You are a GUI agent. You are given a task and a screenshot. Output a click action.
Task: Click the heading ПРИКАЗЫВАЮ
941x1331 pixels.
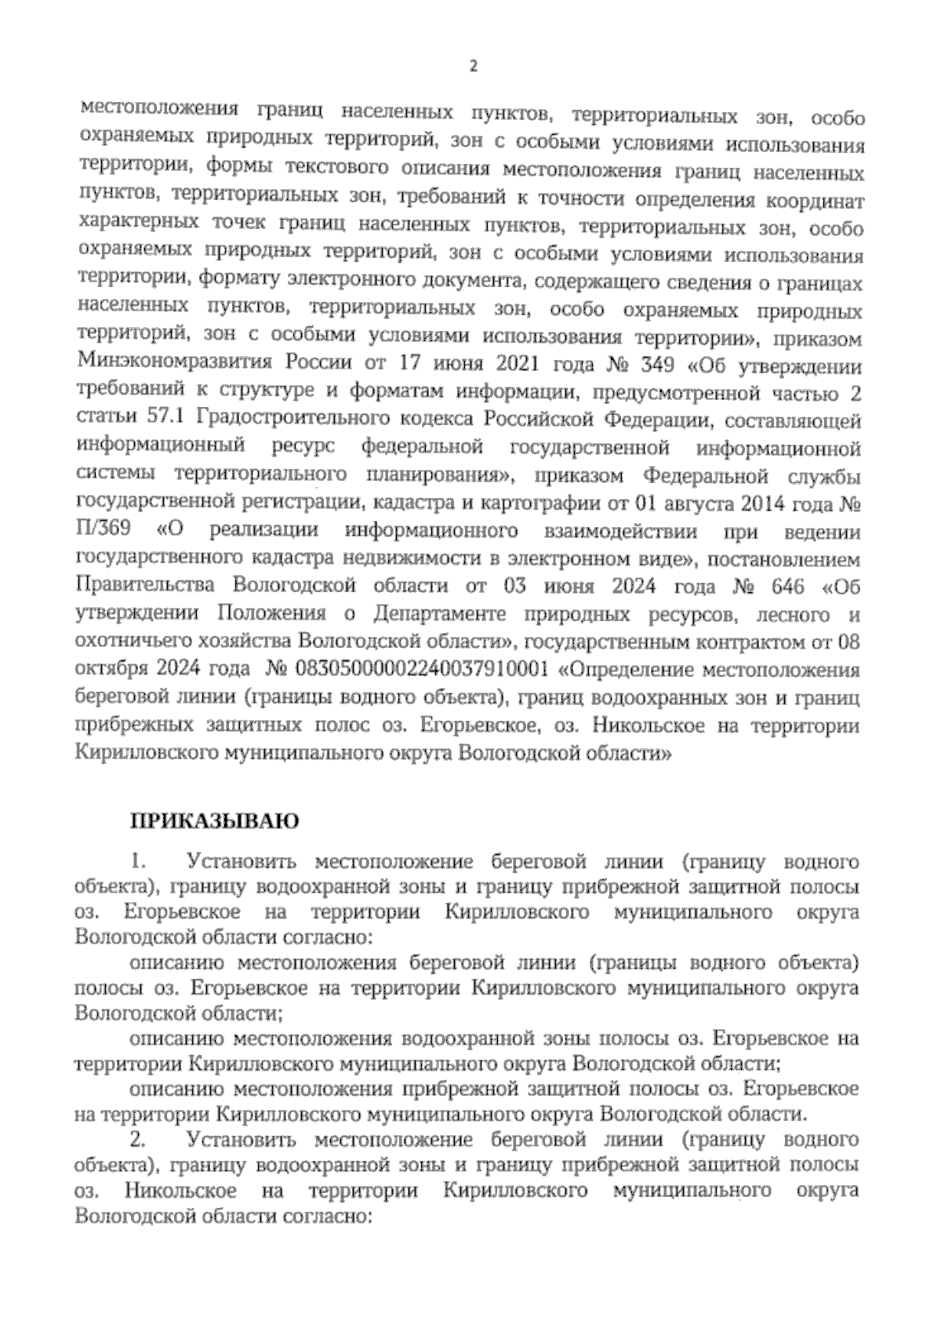click(213, 821)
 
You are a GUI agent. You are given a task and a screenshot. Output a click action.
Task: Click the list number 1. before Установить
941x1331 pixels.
click(140, 863)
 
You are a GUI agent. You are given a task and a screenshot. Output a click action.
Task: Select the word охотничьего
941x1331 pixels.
click(128, 642)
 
